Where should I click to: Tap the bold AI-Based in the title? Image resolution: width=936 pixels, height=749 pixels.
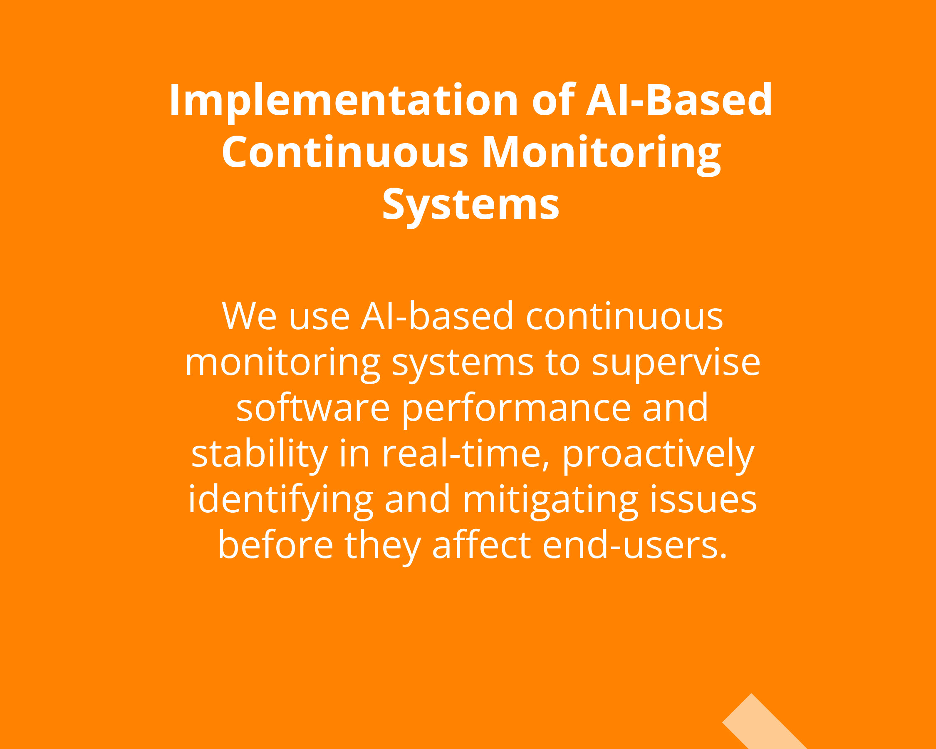click(x=679, y=100)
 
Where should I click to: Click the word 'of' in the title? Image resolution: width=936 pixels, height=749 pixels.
click(x=554, y=99)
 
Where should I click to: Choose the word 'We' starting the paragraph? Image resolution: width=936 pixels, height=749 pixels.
click(x=249, y=316)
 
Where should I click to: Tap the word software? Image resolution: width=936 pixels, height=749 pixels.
click(x=312, y=408)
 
